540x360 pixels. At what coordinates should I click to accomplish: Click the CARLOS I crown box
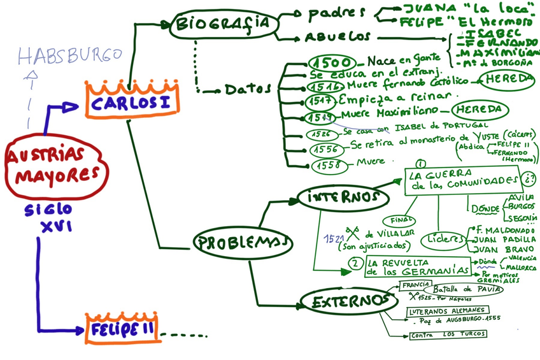click(x=132, y=103)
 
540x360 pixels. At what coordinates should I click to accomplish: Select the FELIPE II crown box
click(x=121, y=331)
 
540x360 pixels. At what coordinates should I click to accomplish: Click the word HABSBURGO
click(x=69, y=56)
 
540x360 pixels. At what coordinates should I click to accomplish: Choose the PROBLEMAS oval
click(x=242, y=242)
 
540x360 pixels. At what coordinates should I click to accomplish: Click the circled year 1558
click(x=330, y=165)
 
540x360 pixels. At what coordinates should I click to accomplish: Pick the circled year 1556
click(x=329, y=150)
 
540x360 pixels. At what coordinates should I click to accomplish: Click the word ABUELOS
click(x=337, y=37)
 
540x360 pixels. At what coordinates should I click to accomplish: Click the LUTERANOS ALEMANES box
click(x=450, y=311)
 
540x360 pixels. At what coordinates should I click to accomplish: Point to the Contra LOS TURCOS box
click(x=448, y=334)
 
